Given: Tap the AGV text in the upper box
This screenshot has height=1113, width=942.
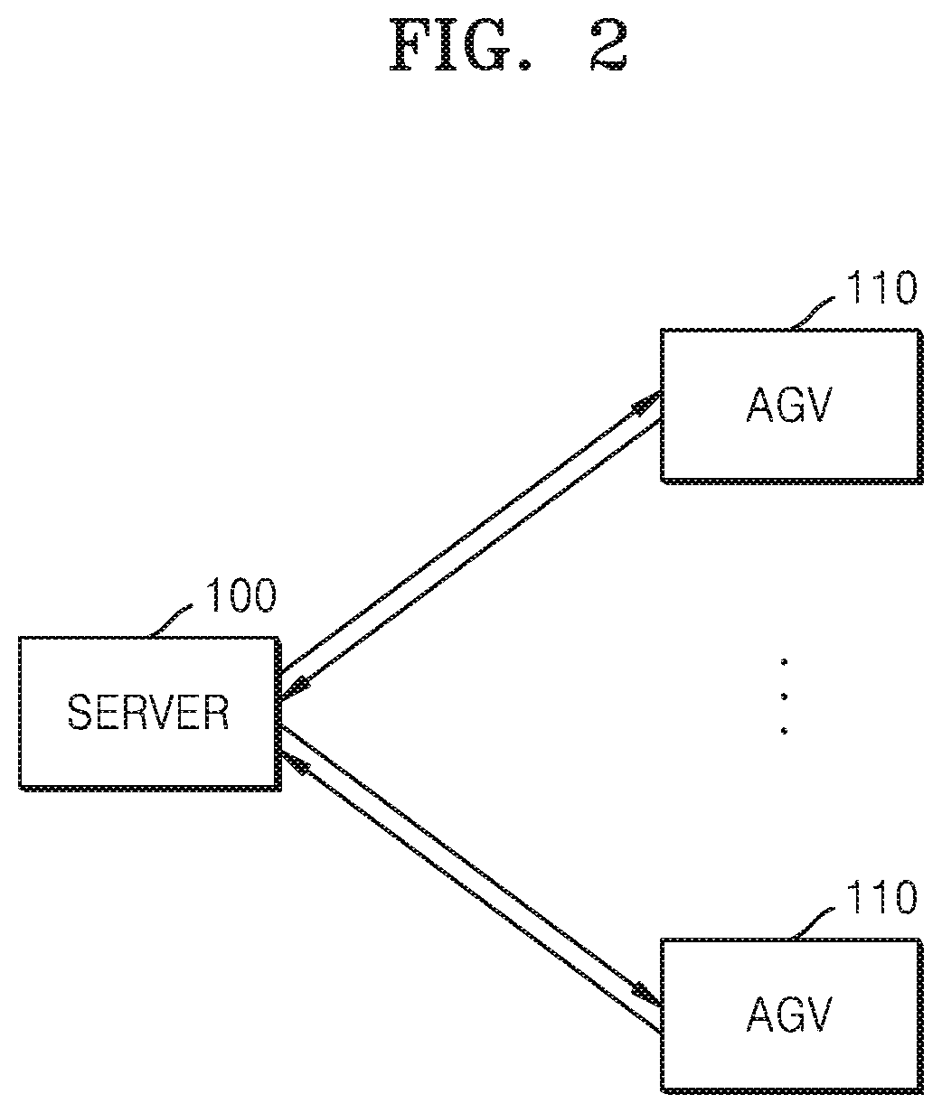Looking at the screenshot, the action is pos(789,405).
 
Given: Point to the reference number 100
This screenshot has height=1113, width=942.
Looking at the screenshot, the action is pos(241,595).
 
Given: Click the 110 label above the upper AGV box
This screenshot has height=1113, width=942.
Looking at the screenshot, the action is pos(881,287).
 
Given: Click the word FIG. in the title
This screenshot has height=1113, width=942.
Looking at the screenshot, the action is pos(460,45).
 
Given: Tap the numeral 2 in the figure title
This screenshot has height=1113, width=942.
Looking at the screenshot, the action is pos(608,45).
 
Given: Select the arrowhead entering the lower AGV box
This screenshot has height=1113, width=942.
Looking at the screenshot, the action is pos(647,995).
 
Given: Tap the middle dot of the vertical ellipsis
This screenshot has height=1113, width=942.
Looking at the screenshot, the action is pos(784,697).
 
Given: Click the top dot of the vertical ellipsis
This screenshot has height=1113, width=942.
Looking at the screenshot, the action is pos(784,662).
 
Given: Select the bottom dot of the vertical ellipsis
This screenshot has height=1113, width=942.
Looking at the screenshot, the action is pos(784,731).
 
